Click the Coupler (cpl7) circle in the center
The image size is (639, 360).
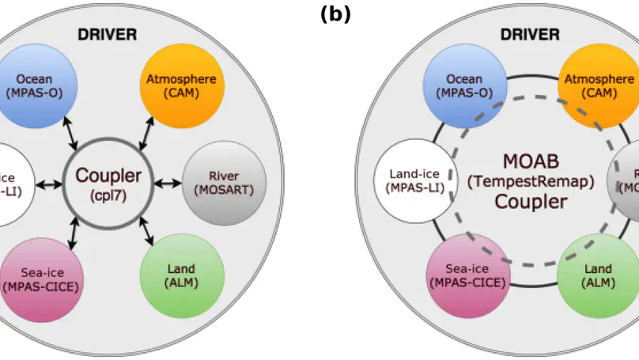point(108,181)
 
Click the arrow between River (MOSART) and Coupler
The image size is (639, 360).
point(168,183)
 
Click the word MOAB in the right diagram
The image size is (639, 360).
point(531,161)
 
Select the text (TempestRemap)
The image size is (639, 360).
point(531,181)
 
